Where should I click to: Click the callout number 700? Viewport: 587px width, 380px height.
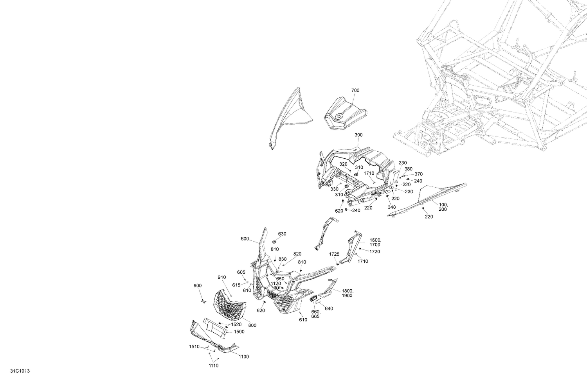[355, 90]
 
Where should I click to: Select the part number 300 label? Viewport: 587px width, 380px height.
[358, 135]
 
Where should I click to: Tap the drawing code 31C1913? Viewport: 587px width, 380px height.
[20, 371]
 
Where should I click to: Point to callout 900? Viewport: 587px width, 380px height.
[198, 285]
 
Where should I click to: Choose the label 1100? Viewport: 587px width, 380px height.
[244, 357]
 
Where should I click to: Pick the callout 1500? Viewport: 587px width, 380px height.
[239, 332]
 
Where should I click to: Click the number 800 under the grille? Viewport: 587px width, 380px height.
[252, 325]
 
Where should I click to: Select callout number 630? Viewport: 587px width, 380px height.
[282, 234]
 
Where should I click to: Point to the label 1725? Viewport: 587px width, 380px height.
[334, 254]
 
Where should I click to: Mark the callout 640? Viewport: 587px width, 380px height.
[329, 308]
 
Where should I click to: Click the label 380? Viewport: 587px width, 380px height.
[408, 169]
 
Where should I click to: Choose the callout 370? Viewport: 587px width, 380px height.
[418, 174]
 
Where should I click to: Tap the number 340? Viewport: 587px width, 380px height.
[392, 207]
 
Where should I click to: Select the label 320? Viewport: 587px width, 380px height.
[343, 164]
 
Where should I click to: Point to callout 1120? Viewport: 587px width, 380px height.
[275, 283]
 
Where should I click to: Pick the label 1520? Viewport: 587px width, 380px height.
[236, 324]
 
